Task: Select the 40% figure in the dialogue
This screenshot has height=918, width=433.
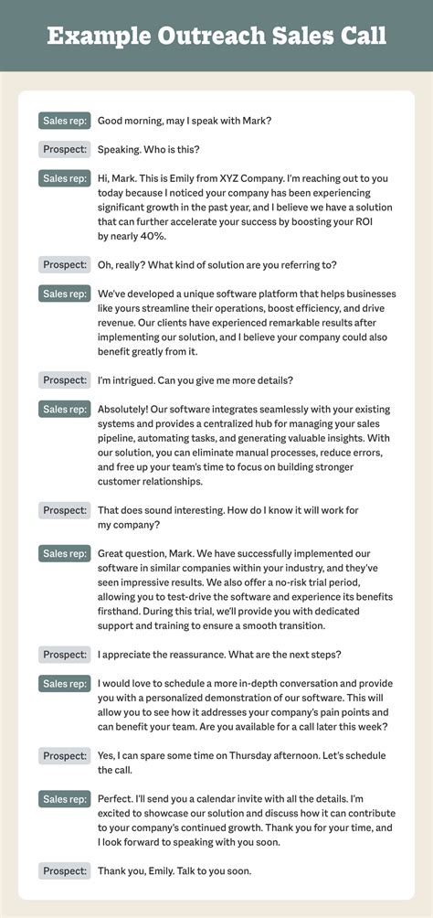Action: pos(149,236)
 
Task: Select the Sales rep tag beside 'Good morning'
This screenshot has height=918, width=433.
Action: pos(64,121)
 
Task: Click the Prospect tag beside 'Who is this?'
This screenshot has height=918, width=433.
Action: pos(64,150)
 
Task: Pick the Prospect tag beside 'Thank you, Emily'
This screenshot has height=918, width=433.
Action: pos(64,871)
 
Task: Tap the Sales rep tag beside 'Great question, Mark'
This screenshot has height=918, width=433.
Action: pos(64,553)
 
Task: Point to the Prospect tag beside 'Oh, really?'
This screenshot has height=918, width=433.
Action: pos(64,265)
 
